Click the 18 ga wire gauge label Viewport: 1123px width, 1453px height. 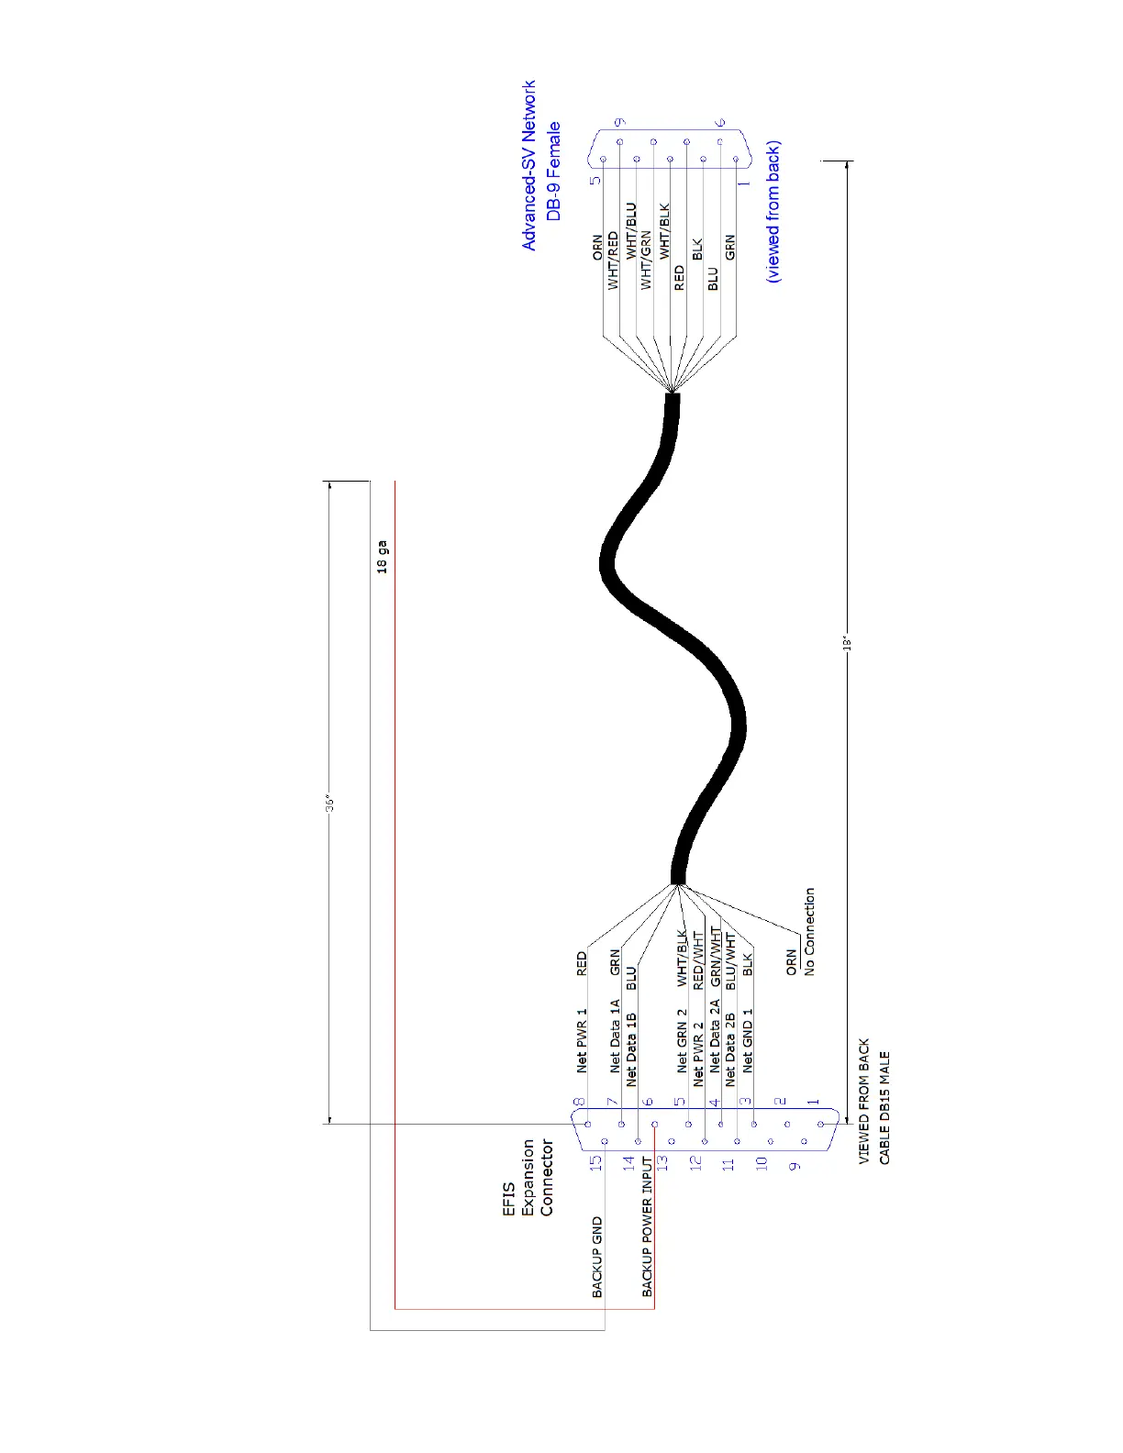pos(383,557)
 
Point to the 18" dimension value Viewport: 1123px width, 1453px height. pos(848,643)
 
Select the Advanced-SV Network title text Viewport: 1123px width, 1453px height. pos(528,165)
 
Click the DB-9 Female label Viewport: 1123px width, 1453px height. pos(553,172)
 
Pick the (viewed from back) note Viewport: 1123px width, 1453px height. pos(773,212)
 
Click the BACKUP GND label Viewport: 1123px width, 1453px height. pos(597,1257)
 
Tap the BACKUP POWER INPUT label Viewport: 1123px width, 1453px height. pos(647,1226)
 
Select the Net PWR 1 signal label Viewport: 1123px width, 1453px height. pos(582,1041)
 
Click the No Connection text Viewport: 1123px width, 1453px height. pos(809,931)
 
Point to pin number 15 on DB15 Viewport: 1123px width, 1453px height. pos(595,1162)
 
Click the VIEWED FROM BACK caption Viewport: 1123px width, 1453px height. pos(864,1102)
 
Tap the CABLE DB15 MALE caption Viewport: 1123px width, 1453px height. pos(884,1108)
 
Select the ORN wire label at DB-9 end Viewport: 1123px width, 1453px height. pos(598,247)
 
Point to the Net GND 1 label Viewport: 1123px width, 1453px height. pos(748,1041)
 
